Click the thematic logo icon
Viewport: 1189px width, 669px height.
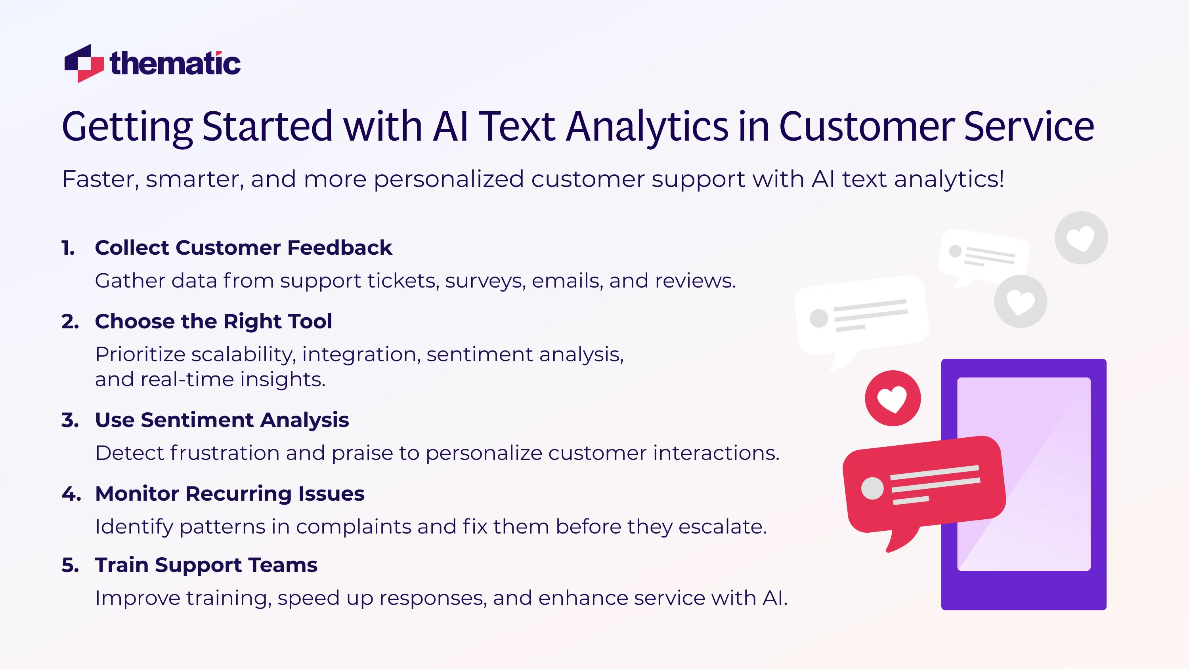pos(84,64)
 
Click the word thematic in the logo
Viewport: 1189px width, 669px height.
pos(175,64)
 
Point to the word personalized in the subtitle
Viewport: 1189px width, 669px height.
pos(449,179)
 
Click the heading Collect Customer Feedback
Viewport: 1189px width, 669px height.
pos(243,248)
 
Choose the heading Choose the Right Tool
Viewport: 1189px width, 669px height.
pos(213,321)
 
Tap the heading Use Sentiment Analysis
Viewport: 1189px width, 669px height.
pos(222,420)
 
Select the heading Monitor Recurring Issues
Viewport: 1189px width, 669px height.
pos(229,494)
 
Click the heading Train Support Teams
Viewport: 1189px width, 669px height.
pos(206,565)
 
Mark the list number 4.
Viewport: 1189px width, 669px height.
pos(71,494)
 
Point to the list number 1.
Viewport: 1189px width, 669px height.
pos(68,248)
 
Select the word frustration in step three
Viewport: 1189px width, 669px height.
pos(225,453)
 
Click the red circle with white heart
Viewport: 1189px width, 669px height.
pos(893,398)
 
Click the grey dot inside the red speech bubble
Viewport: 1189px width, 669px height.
pos(872,488)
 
